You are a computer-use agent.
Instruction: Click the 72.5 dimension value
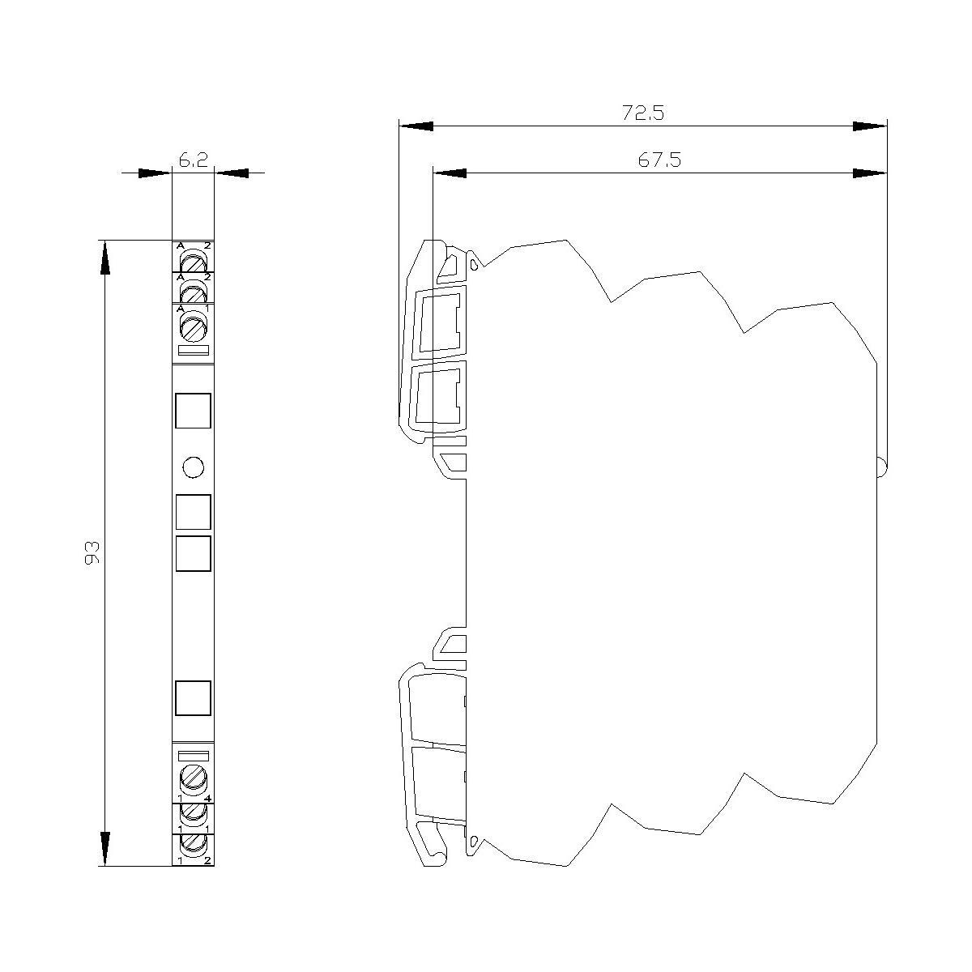pos(643,113)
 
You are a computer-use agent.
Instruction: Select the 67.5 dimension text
pos(659,160)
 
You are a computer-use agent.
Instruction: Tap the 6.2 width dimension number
pos(193,161)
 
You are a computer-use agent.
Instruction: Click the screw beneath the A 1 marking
pos(193,328)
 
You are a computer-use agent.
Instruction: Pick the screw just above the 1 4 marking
pos(193,779)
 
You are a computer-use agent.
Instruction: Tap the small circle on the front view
pos(194,467)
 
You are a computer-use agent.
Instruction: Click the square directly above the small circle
pos(194,411)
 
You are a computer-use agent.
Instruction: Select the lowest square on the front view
pos(194,698)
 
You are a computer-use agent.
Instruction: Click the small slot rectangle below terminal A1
pos(194,351)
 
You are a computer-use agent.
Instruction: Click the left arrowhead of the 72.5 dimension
pos(416,126)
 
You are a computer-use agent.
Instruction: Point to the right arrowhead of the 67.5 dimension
pos(870,173)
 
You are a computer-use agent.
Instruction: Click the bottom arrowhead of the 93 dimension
pos(104,848)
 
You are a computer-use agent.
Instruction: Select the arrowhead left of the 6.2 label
pos(155,173)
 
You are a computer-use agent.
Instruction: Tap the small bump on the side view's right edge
pos(883,467)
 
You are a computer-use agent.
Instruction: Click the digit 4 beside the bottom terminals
pos(208,799)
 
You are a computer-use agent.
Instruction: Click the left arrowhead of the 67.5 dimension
pos(450,173)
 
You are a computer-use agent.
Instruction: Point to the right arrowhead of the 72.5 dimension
pos(870,126)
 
